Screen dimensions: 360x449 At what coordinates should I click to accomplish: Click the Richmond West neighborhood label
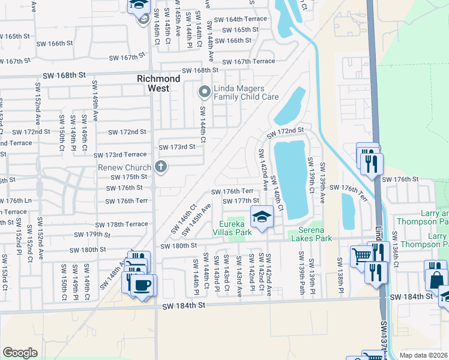pyautogui.click(x=158, y=83)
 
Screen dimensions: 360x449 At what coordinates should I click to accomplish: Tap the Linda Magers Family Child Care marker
pyautogui.click(x=204, y=92)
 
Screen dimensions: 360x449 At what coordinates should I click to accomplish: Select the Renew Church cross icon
pyautogui.click(x=160, y=167)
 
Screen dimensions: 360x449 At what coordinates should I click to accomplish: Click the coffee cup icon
pyautogui.click(x=142, y=284)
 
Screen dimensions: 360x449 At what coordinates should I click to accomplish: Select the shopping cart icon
pyautogui.click(x=362, y=255)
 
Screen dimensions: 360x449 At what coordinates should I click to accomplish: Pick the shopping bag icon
pyautogui.click(x=436, y=279)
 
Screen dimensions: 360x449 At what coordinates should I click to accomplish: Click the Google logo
pyautogui.click(x=20, y=353)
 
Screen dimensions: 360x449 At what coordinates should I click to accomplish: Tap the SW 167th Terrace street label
pyautogui.click(x=249, y=62)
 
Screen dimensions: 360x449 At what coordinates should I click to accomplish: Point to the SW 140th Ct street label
pyautogui.click(x=277, y=191)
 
